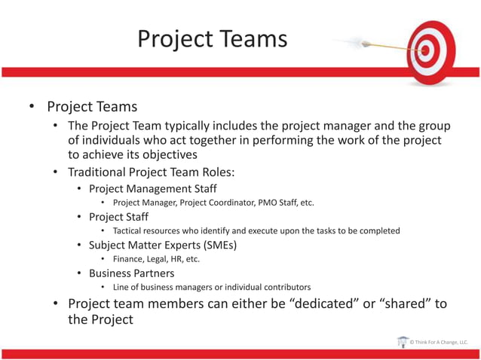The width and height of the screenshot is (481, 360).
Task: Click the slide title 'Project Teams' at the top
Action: pyautogui.click(x=212, y=38)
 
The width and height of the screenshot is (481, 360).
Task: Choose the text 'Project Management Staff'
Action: pyautogui.click(x=152, y=188)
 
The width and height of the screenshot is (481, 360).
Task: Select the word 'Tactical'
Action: pyautogui.click(x=129, y=230)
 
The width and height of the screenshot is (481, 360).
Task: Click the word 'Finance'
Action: pyautogui.click(x=128, y=259)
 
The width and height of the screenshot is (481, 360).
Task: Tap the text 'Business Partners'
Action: pyautogui.click(x=131, y=273)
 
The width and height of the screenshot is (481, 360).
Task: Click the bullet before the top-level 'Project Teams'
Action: pyautogui.click(x=32, y=107)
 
